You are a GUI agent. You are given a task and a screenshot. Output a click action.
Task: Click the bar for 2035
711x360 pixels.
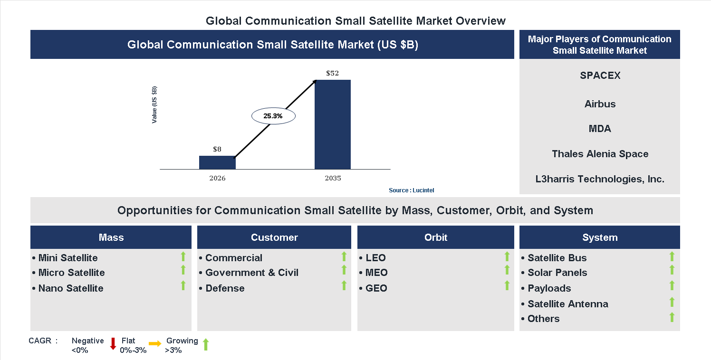[x=333, y=124]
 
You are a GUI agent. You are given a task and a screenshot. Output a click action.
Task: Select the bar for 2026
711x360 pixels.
[x=217, y=162]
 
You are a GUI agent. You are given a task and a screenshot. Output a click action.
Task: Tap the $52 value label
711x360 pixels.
[x=332, y=73]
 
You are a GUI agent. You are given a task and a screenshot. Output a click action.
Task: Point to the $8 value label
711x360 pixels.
[x=217, y=149]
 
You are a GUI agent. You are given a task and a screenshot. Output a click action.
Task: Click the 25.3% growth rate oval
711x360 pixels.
[x=273, y=116]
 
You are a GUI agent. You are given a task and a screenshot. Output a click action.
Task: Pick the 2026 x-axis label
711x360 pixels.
[x=217, y=179]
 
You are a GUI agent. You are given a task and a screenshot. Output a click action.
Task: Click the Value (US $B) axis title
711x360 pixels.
[x=154, y=105]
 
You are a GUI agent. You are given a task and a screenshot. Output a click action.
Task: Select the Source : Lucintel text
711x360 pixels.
[x=411, y=190]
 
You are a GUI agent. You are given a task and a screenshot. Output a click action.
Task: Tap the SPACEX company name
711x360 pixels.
[x=600, y=76]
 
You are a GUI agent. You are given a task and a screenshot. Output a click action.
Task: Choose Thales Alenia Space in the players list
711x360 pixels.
[x=600, y=154]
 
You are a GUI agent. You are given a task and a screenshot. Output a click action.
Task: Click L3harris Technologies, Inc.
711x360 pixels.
[x=600, y=179]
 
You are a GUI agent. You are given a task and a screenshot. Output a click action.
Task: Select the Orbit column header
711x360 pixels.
[x=436, y=237]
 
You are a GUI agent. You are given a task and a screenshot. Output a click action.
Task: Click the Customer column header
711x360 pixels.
[x=274, y=237]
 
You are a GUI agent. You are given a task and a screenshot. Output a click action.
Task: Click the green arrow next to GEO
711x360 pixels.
[x=507, y=285]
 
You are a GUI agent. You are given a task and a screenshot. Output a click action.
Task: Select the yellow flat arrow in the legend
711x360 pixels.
[x=155, y=344]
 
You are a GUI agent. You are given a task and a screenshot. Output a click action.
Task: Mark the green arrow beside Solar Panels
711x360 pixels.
[x=672, y=270]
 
